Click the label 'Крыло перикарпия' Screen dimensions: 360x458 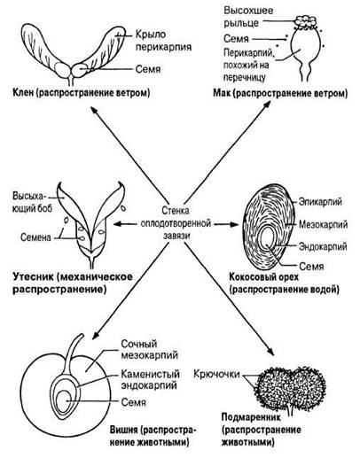coord(163,41)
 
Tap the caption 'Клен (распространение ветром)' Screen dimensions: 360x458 coord(82,93)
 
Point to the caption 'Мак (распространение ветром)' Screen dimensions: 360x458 coord(280,94)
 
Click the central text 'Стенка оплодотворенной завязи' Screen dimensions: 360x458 coord(176,223)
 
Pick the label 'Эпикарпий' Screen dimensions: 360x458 coord(320,202)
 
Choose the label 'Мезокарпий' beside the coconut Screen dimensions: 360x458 coord(323,224)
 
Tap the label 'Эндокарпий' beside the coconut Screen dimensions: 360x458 coord(323,246)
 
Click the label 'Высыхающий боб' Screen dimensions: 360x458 coord(32,202)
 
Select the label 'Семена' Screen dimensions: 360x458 coord(35,237)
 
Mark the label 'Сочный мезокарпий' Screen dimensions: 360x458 coord(150,349)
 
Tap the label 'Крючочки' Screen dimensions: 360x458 coord(216,374)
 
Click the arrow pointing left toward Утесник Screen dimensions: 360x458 coord(127,224)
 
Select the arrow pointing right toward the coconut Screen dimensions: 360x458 coord(226,224)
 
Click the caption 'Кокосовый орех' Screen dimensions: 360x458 coord(264,277)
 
